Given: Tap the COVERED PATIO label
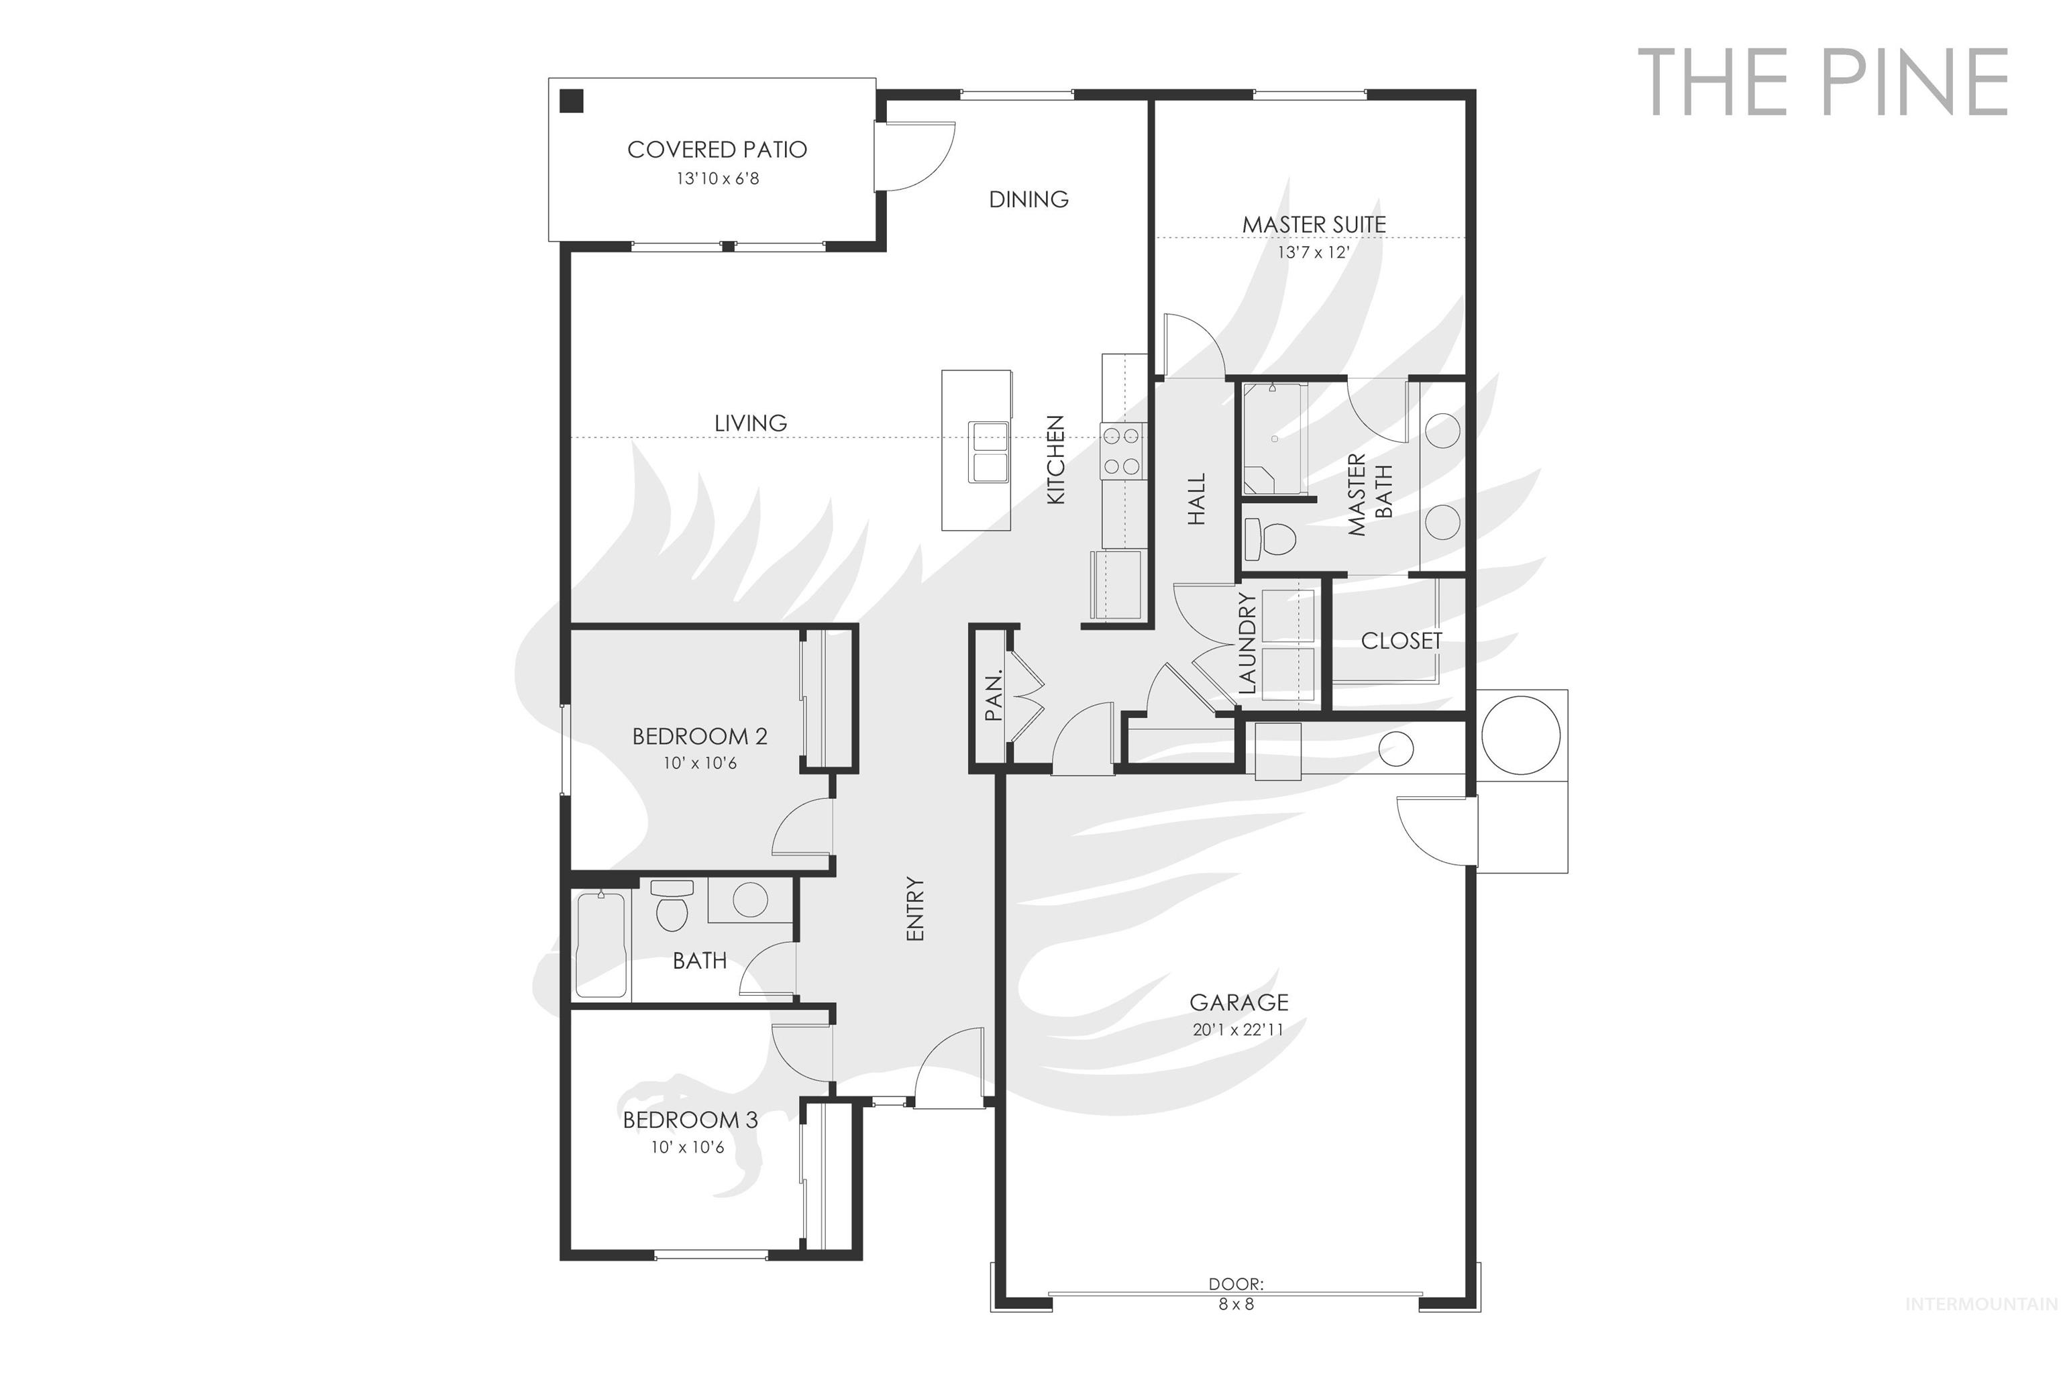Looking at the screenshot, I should coord(717,150).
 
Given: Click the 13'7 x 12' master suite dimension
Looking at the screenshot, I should coord(1313,252).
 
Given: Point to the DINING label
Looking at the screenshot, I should coord(1028,200).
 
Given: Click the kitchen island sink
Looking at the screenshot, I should coord(988,452).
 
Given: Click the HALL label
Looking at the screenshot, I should coord(1197,499).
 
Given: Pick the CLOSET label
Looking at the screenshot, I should coord(1401,641).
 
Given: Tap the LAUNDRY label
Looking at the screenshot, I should coord(1248,644).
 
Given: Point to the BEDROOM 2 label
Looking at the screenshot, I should coord(699,736).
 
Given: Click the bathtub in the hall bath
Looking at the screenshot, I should coord(601,945).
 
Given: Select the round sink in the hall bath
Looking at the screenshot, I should coord(749,900).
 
